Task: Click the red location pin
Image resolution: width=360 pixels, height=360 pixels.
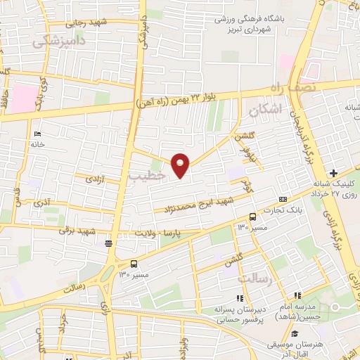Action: click(x=181, y=164)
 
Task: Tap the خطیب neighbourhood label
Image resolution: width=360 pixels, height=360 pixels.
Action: click(x=148, y=176)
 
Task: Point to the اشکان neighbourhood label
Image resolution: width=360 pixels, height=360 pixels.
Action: click(x=264, y=109)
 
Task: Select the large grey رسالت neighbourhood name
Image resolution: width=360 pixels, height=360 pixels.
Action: click(x=255, y=279)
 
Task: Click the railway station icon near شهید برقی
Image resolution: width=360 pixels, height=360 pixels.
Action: click(x=108, y=244)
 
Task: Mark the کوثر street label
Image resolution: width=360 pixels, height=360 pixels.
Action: click(x=247, y=186)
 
